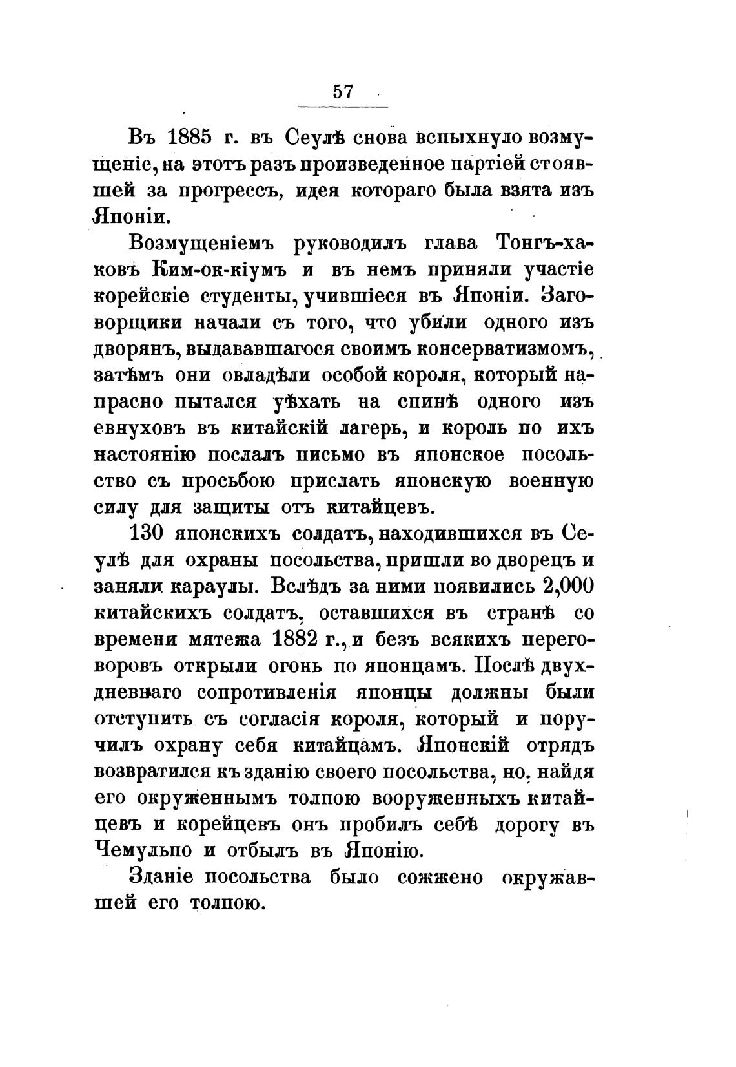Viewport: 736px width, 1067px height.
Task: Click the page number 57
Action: [343, 91]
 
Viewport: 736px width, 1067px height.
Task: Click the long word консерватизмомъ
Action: [504, 350]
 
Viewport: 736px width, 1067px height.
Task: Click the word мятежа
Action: [214, 639]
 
